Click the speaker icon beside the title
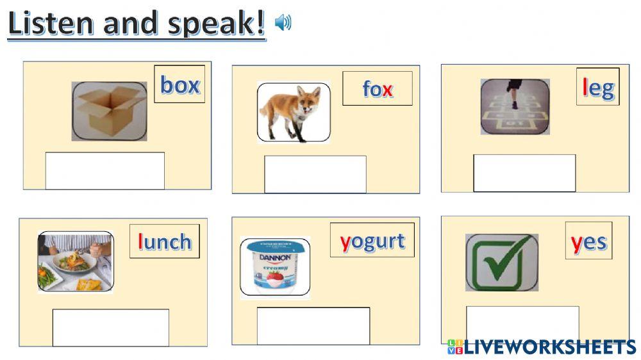click(x=283, y=23)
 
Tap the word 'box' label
click(x=179, y=85)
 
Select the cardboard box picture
click(x=109, y=111)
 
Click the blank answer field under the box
click(x=104, y=170)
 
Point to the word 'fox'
click(x=377, y=88)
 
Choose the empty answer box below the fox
click(x=315, y=174)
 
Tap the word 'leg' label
click(x=597, y=86)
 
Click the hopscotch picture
click(x=515, y=106)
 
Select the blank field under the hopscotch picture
click(x=524, y=173)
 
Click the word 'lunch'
click(x=164, y=241)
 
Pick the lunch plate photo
click(x=76, y=261)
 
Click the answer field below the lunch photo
click(x=110, y=327)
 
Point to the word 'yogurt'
click(x=372, y=241)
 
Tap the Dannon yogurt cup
click(x=275, y=268)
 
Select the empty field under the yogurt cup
click(x=313, y=325)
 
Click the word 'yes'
click(x=588, y=241)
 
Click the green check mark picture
click(x=502, y=262)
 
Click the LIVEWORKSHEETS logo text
click(x=549, y=347)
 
